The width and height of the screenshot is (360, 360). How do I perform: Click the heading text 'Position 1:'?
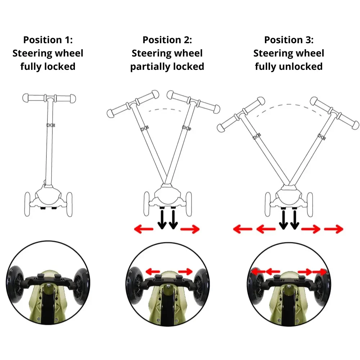48,40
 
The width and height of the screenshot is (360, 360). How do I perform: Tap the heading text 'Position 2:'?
167,40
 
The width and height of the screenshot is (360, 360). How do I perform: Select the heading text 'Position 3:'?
289,40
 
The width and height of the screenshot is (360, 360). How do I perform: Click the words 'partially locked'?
167,67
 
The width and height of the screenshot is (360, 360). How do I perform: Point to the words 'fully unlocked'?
289,67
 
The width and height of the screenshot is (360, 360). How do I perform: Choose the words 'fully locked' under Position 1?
48,67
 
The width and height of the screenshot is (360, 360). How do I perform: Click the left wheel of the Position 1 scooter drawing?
27,204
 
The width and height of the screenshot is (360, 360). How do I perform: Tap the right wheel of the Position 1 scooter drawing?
69,204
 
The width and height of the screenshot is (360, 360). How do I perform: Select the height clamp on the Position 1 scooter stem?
51,125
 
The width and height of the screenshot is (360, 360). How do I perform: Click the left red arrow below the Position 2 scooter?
143,229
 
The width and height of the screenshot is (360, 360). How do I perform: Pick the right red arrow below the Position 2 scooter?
190,229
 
